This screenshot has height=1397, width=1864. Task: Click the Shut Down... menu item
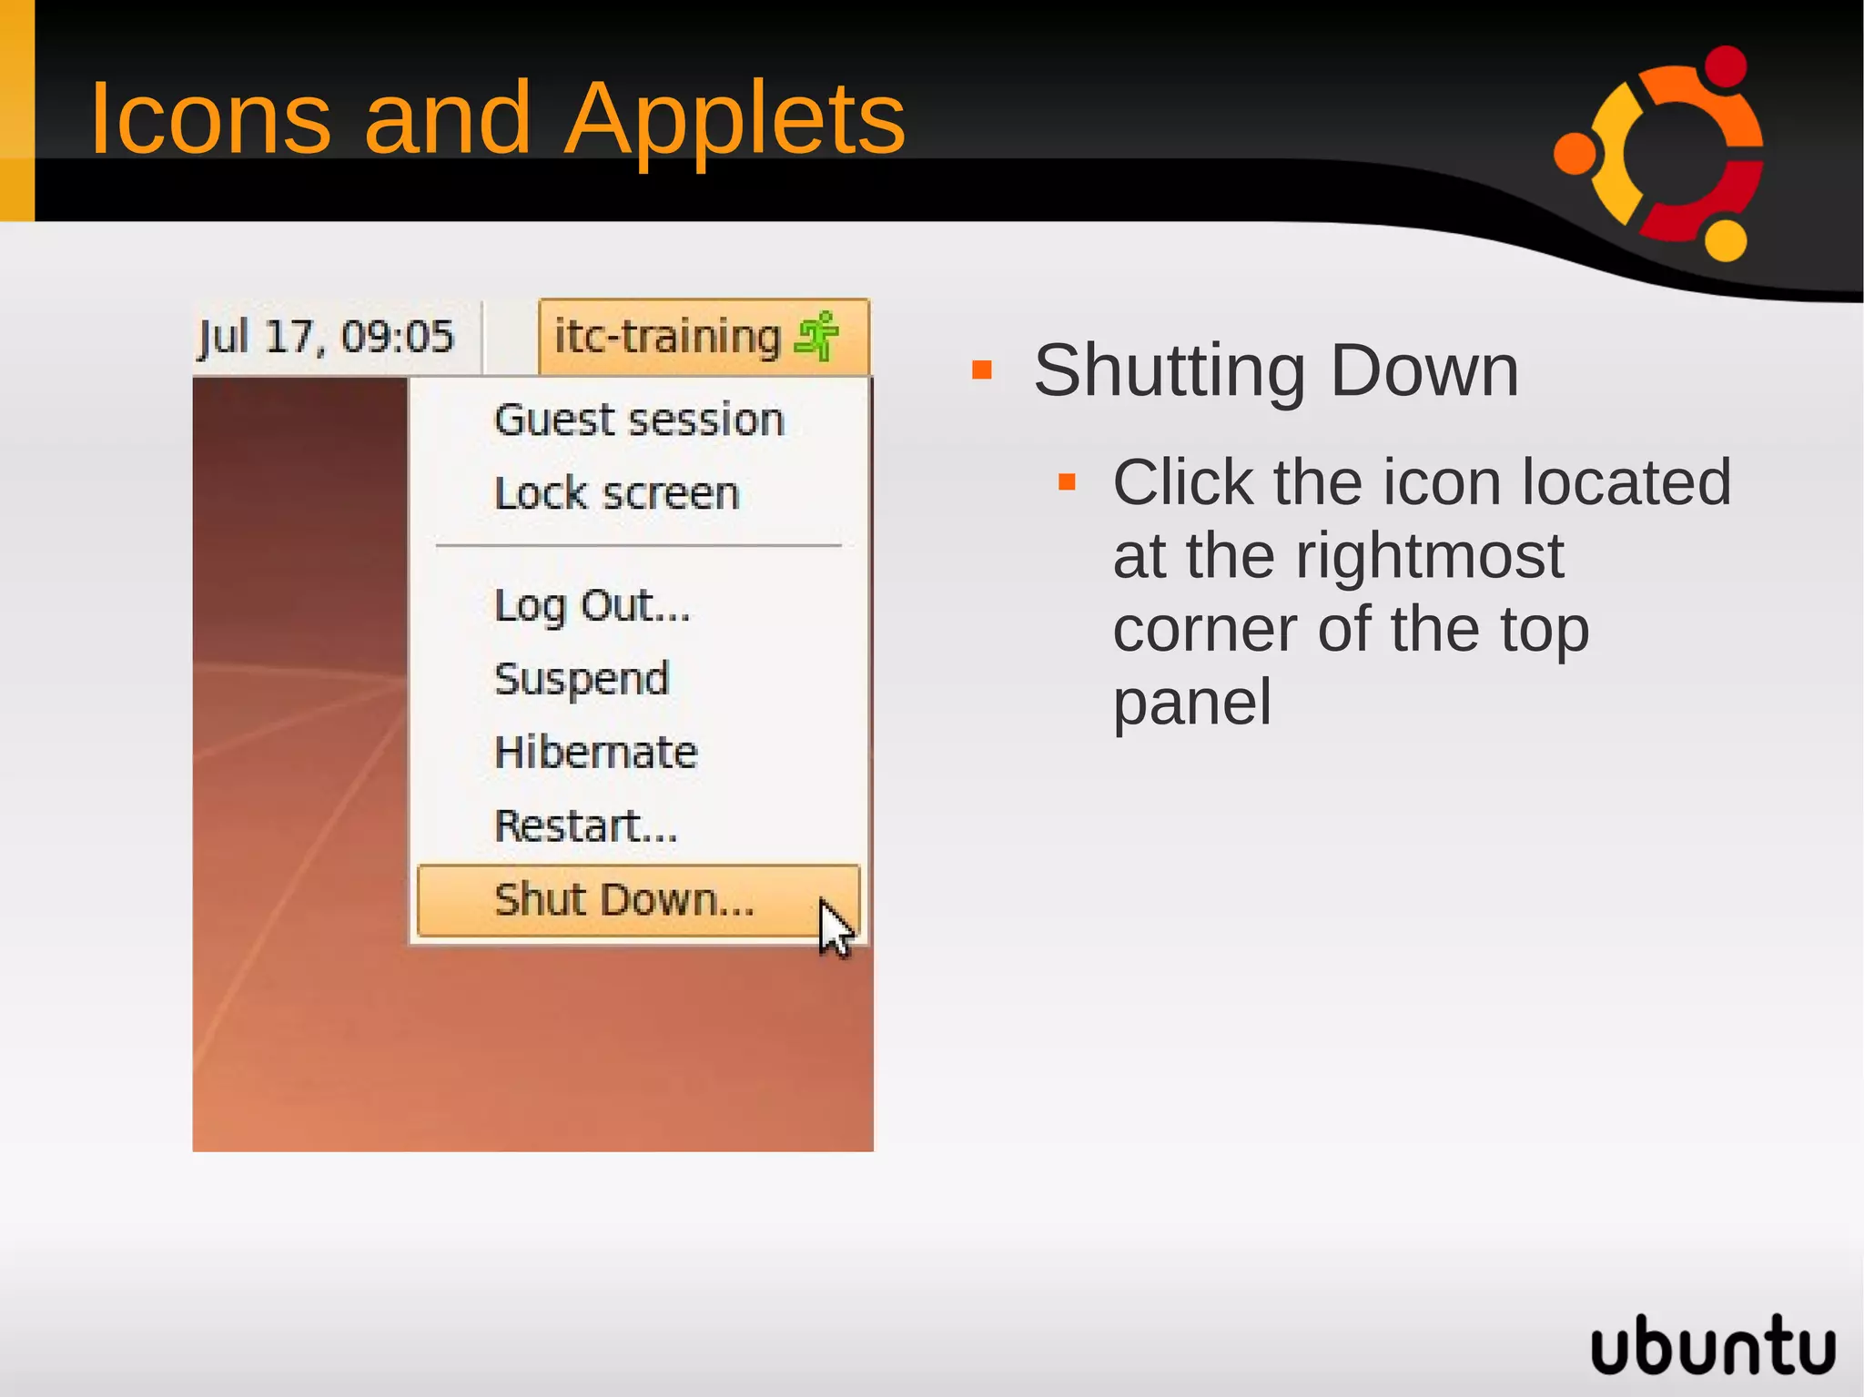[x=624, y=900]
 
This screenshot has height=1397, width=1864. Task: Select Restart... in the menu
[x=586, y=826]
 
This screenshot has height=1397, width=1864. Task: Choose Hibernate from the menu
[x=595, y=753]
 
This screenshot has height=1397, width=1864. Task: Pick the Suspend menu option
[x=582, y=679]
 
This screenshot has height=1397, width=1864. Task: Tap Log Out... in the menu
[x=592, y=605]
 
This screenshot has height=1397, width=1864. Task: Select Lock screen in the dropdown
[x=616, y=494]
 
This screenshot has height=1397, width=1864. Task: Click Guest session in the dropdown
[x=639, y=420]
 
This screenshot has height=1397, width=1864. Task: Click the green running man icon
[x=817, y=336]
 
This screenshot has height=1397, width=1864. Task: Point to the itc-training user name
[x=667, y=337]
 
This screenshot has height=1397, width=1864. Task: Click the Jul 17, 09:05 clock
[x=326, y=337]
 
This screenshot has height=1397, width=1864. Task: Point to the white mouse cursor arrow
[x=834, y=926]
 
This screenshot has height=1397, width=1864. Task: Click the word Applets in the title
[x=734, y=118]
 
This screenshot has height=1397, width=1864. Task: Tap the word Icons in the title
[x=210, y=118]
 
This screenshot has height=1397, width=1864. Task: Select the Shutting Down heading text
[x=1276, y=371]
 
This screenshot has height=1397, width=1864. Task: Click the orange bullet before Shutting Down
[x=981, y=369]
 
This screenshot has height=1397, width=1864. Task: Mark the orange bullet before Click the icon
[x=1067, y=482]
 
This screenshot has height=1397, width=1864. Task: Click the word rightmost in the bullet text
[x=1429, y=556]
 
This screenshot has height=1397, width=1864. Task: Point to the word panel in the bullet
[x=1191, y=703]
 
